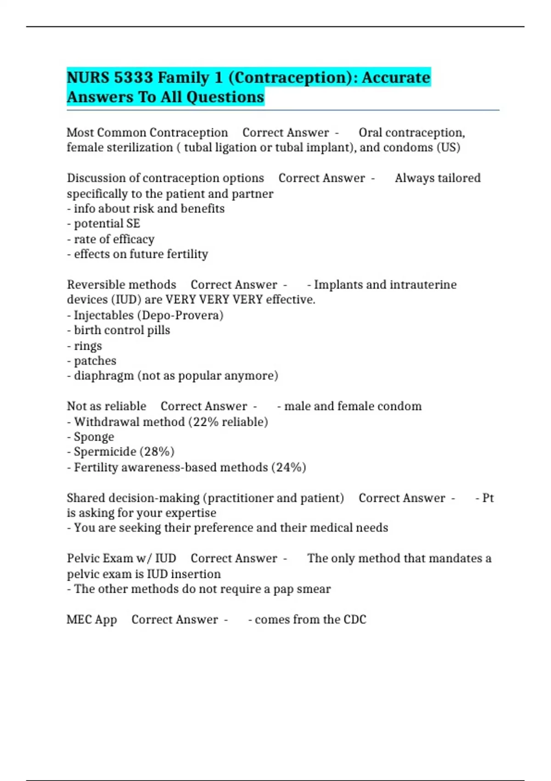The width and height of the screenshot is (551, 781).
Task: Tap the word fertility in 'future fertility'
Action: [187, 254]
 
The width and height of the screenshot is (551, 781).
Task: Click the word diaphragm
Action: [104, 376]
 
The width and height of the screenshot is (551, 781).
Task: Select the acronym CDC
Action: [354, 619]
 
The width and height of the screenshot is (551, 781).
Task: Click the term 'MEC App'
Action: [92, 619]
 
